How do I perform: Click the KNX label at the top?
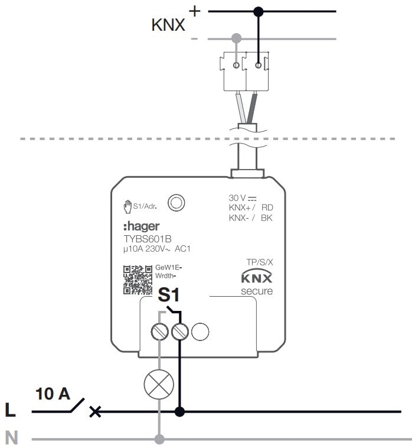tap(168, 25)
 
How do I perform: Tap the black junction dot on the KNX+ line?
tap(258, 11)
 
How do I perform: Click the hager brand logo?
tap(142, 226)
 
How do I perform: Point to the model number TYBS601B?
tap(147, 239)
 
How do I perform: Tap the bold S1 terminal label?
tap(168, 295)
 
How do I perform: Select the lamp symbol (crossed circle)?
tap(159, 385)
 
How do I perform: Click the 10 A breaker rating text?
tap(53, 393)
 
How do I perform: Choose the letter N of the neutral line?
tap(11, 439)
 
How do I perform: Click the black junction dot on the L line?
tap(180, 411)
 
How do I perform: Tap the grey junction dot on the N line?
tap(159, 439)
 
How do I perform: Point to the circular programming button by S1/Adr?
tap(176, 203)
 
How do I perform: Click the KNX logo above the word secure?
tap(257, 278)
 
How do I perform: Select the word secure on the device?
tap(257, 291)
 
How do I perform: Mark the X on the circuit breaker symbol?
tap(94, 411)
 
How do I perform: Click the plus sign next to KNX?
tap(194, 11)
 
